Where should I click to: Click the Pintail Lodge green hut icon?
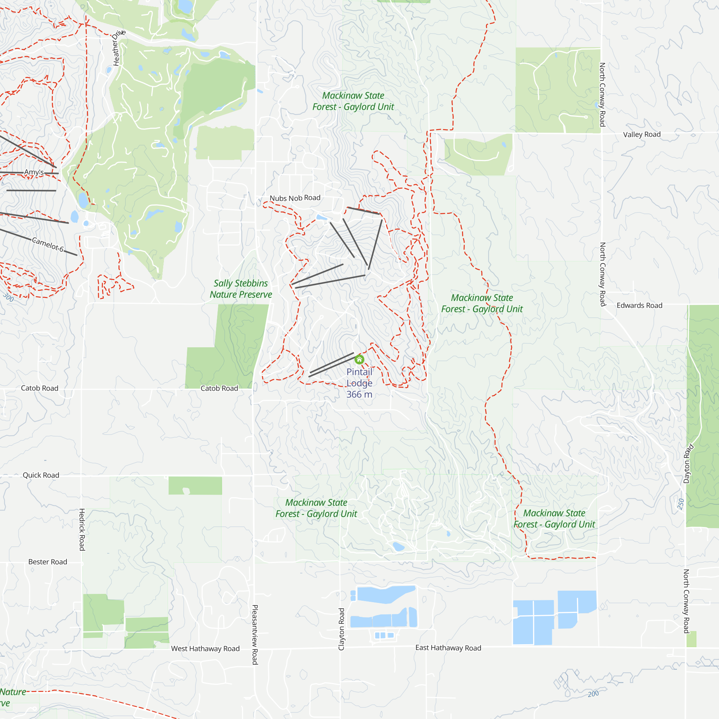pyautogui.click(x=359, y=359)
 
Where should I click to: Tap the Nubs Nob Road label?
pyautogui.click(x=295, y=198)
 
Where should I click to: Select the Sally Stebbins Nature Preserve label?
pyautogui.click(x=241, y=289)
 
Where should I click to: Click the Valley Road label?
pyautogui.click(x=642, y=134)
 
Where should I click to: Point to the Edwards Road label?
pyautogui.click(x=639, y=306)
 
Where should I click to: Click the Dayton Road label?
pyautogui.click(x=688, y=463)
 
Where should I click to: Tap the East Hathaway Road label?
pyautogui.click(x=448, y=648)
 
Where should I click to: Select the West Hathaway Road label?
pyautogui.click(x=205, y=649)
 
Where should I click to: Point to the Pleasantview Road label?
pyautogui.click(x=255, y=635)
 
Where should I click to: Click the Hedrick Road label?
pyautogui.click(x=82, y=530)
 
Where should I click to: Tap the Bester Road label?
pyautogui.click(x=48, y=562)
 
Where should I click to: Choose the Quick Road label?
pyautogui.click(x=41, y=475)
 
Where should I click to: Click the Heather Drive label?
pyautogui.click(x=118, y=48)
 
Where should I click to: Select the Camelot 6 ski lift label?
pyautogui.click(x=48, y=244)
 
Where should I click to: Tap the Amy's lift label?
pyautogui.click(x=34, y=172)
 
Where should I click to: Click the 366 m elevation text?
pyautogui.click(x=359, y=394)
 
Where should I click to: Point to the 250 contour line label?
pyautogui.click(x=681, y=504)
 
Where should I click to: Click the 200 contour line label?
pyautogui.click(x=593, y=694)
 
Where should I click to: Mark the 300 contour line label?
pyautogui.click(x=8, y=297)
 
